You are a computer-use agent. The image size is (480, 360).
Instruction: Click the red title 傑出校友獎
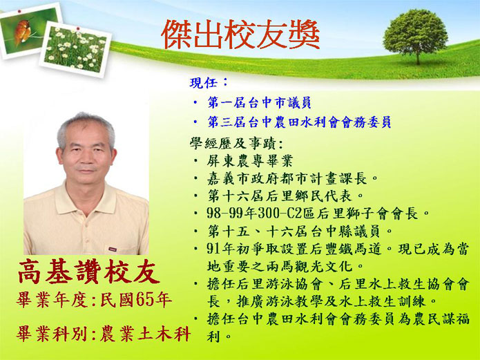click(x=240, y=35)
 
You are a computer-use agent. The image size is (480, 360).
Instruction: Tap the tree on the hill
click(x=415, y=35)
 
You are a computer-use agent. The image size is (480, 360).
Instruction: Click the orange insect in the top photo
click(x=22, y=32)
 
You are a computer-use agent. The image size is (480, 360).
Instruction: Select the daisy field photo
click(x=75, y=49)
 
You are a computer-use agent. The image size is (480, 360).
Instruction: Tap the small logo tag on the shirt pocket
click(x=113, y=249)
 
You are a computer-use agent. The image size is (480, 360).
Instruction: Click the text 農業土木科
click(x=146, y=334)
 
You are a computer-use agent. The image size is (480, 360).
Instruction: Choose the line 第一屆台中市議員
click(x=259, y=103)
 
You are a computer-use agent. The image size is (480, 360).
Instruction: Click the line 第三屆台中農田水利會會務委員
click(x=299, y=122)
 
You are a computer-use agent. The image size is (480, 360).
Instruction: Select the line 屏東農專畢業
click(x=250, y=161)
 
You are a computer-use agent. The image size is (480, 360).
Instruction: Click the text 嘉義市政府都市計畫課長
click(x=287, y=178)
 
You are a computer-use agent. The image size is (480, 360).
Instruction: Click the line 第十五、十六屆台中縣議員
click(x=294, y=231)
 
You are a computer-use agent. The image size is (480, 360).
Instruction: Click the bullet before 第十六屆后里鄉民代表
click(x=196, y=196)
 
